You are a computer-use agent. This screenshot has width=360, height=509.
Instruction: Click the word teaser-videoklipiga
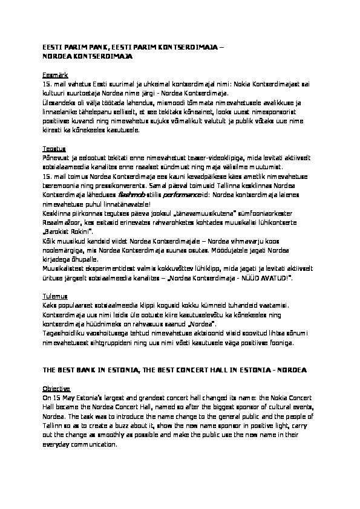(x=163, y=157)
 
